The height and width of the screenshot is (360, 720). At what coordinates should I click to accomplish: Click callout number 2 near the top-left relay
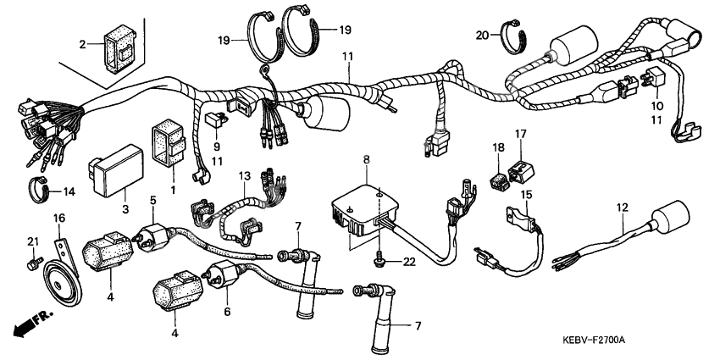click(84, 44)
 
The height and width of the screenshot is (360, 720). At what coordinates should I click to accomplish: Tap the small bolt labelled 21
click(32, 265)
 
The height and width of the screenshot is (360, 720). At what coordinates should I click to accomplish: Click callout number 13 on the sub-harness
click(245, 176)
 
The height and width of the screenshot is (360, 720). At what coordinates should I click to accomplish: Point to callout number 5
click(153, 201)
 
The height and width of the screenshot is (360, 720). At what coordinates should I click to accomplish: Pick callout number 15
click(526, 195)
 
